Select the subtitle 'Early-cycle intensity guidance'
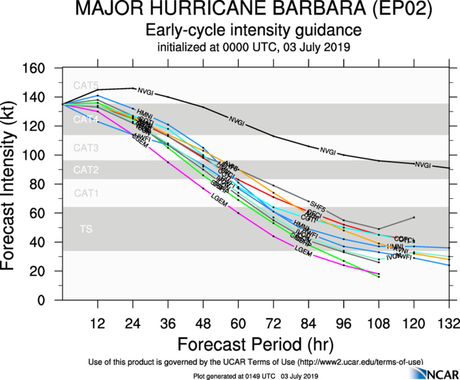click(253, 30)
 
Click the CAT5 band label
click(86, 86)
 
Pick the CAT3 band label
click(86, 148)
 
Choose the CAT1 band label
click(86, 194)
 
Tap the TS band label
click(86, 229)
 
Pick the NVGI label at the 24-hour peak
click(145, 90)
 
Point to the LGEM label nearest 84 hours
click(303, 250)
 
